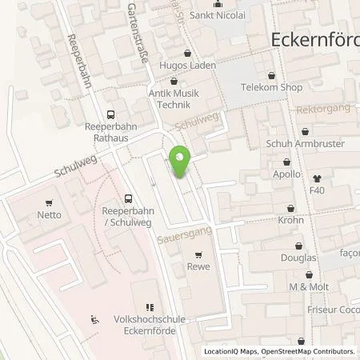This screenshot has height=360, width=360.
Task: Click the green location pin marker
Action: (180, 162)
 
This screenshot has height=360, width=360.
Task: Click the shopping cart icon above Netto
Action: (50, 202)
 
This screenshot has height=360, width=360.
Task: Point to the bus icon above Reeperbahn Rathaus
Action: (110, 114)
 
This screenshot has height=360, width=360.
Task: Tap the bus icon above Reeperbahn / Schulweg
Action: (128, 198)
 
